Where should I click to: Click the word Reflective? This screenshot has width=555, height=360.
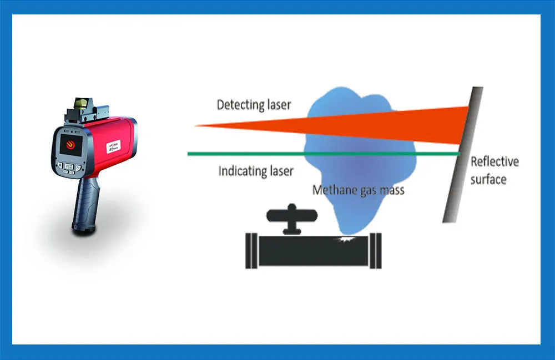[495, 162]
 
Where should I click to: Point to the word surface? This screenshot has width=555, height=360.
[488, 179]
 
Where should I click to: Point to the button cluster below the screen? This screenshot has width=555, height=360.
[69, 168]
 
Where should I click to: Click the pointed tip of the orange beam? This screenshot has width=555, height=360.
[197, 126]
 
